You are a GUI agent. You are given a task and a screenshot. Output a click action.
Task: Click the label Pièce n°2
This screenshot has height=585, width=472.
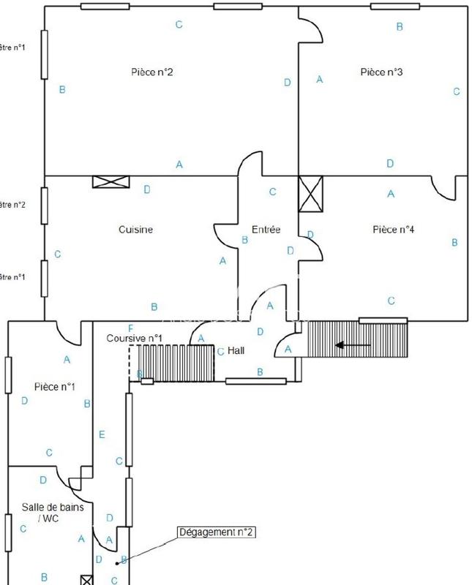[x=151, y=72]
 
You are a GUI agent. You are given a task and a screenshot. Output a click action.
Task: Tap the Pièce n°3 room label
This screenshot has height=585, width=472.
[x=381, y=72]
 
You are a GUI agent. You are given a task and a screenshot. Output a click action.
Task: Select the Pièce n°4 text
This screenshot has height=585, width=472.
[x=393, y=230]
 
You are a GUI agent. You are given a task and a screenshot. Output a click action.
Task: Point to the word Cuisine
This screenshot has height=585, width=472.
[x=135, y=230]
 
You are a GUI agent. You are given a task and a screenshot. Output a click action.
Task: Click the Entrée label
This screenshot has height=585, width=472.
[x=266, y=230]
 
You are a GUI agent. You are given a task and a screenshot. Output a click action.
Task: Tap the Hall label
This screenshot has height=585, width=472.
[x=236, y=350]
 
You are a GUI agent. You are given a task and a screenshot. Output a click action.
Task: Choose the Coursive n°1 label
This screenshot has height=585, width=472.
[x=134, y=338]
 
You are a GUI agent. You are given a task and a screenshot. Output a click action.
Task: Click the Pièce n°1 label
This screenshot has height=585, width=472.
[x=55, y=387]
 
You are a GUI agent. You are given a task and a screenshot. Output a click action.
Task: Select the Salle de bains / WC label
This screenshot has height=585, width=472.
[x=48, y=512]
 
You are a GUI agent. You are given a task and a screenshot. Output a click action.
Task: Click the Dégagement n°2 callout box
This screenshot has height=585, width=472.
[x=217, y=532]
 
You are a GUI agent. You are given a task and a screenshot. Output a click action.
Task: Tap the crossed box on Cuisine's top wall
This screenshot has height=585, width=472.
[x=110, y=181]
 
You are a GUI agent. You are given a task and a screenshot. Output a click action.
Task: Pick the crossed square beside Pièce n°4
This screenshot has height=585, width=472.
[x=310, y=194]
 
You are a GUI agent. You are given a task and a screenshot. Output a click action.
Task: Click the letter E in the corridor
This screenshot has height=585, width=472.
[x=102, y=435]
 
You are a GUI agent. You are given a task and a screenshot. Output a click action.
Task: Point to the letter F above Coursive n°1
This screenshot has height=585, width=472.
[x=130, y=328]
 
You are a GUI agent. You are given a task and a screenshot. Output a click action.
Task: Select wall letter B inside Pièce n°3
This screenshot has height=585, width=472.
[x=399, y=26]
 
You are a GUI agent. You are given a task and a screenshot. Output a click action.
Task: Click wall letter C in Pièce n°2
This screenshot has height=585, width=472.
[x=179, y=25]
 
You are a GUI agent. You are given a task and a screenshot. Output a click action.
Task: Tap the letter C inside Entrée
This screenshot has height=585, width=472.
[x=272, y=192]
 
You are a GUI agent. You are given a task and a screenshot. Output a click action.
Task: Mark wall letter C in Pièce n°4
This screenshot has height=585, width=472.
[x=392, y=301]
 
